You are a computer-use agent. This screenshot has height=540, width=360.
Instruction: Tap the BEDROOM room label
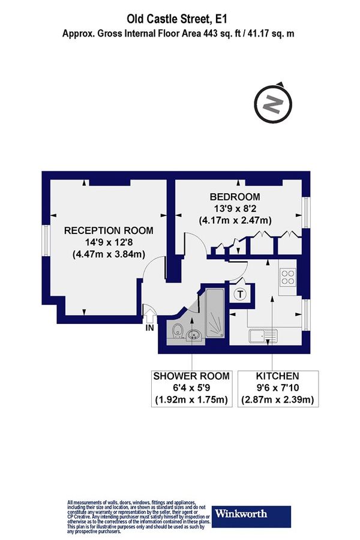click(x=235, y=197)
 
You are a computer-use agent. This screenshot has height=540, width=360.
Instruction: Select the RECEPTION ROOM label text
click(x=109, y=230)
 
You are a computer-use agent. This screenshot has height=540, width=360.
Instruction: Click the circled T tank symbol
click(x=241, y=294)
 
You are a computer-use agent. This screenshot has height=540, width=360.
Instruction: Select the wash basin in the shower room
click(x=193, y=335)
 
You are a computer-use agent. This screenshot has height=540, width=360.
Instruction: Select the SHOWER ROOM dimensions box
click(x=191, y=388)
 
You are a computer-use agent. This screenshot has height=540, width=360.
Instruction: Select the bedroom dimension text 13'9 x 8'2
click(x=235, y=208)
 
